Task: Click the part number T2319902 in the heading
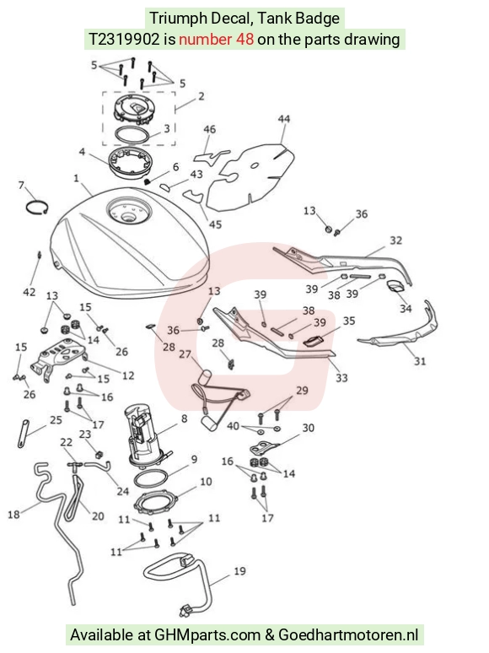point(125,39)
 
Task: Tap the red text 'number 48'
point(216,39)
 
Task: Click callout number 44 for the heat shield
point(283,119)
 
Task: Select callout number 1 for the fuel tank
point(76,178)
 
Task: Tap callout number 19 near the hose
point(239,571)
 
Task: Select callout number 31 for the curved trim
point(420,360)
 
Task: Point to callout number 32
point(395,240)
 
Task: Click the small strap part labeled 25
point(24,433)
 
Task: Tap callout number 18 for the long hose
point(13,515)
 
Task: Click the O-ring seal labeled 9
point(153,478)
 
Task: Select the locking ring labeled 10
point(156,501)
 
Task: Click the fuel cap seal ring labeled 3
point(132,135)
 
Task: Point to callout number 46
point(209,130)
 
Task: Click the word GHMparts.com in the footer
point(207,635)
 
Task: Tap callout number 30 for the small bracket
point(308,428)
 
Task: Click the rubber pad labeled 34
point(396,287)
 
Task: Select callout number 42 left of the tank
point(30,292)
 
